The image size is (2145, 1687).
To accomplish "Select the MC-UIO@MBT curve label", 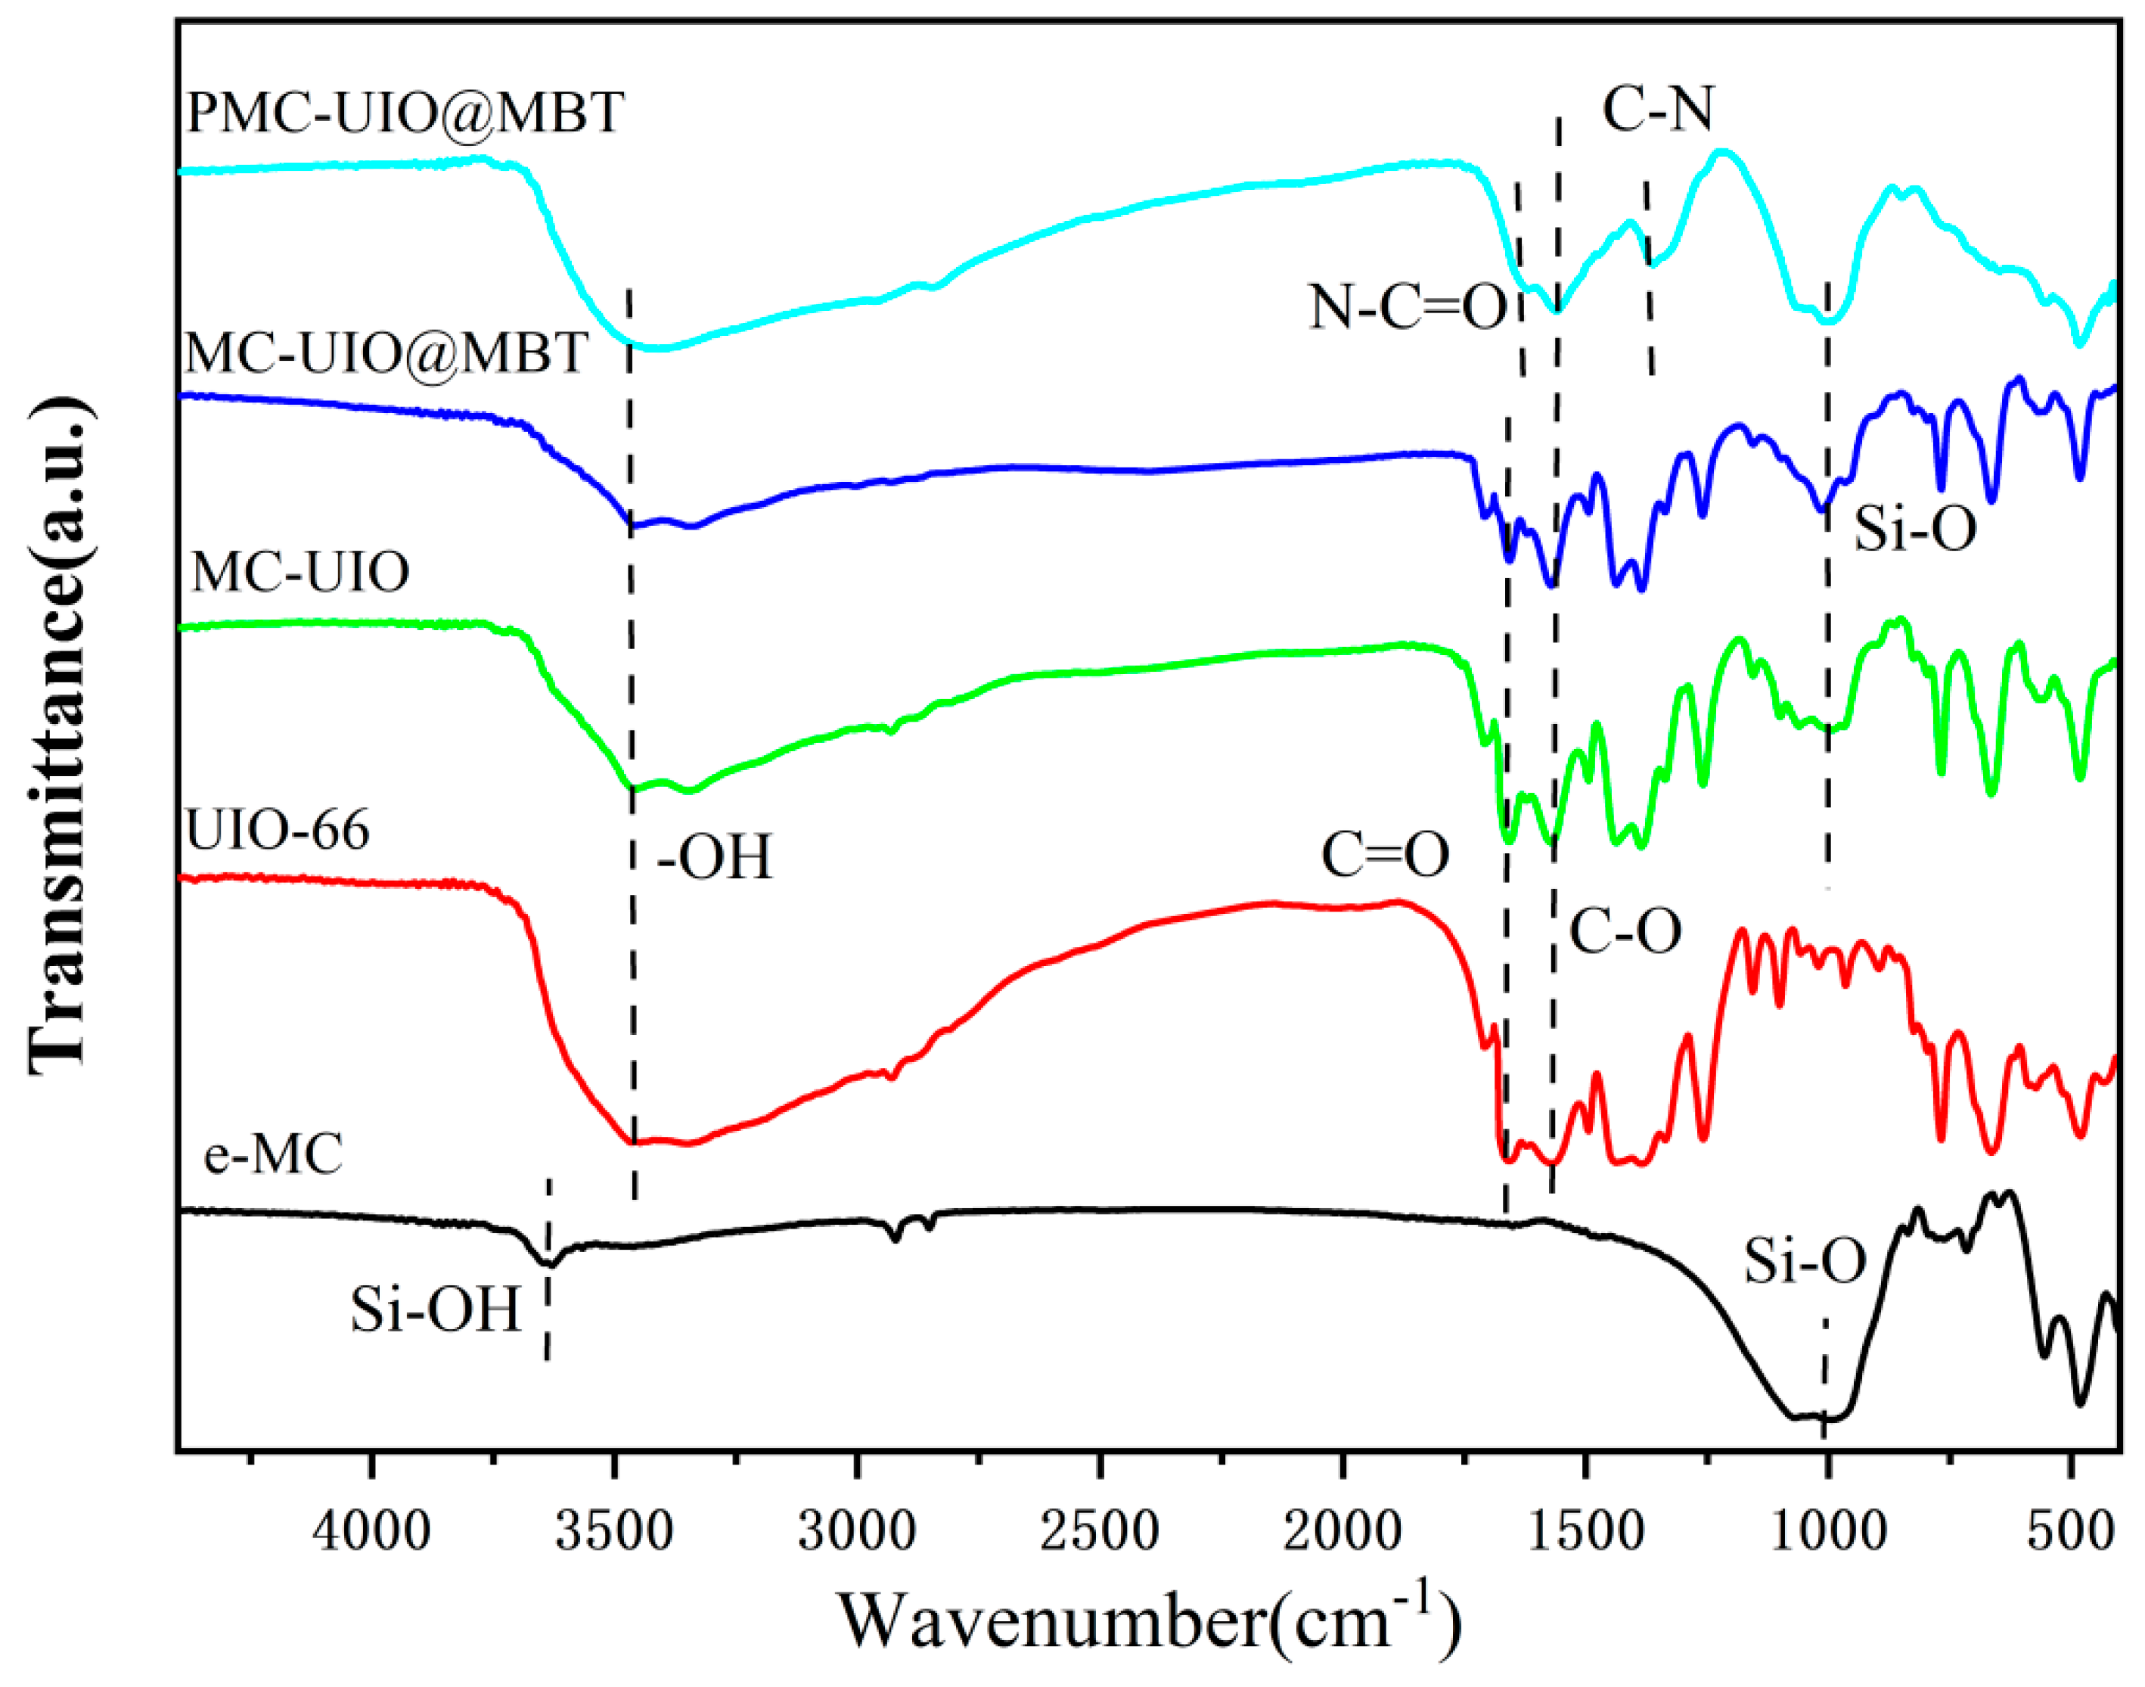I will tap(387, 353).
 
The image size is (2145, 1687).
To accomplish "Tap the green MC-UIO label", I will tap(300, 572).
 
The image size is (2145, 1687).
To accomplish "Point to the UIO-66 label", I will tap(278, 830).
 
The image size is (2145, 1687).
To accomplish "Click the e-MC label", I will tap(274, 1154).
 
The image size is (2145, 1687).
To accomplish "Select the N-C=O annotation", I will tap(1408, 307).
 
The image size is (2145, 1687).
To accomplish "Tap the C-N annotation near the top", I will tap(1658, 109).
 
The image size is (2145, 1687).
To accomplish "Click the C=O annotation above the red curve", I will tap(1386, 856).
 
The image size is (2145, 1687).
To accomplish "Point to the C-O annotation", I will tap(1625, 930).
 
